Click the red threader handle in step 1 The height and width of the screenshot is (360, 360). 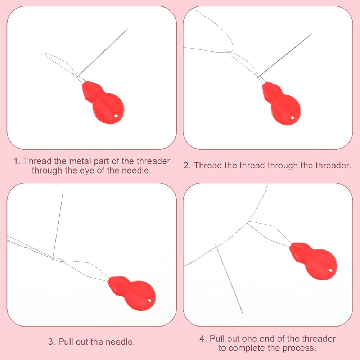(103, 102)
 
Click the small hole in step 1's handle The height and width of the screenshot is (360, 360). (116, 116)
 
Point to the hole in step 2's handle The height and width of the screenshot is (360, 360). (292, 118)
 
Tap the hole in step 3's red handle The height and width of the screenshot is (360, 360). (150, 300)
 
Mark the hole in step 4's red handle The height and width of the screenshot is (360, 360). (330, 270)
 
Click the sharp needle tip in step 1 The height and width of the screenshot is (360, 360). (129, 28)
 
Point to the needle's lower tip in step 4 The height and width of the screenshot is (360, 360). (243, 314)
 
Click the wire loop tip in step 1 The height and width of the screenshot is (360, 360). (43, 53)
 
